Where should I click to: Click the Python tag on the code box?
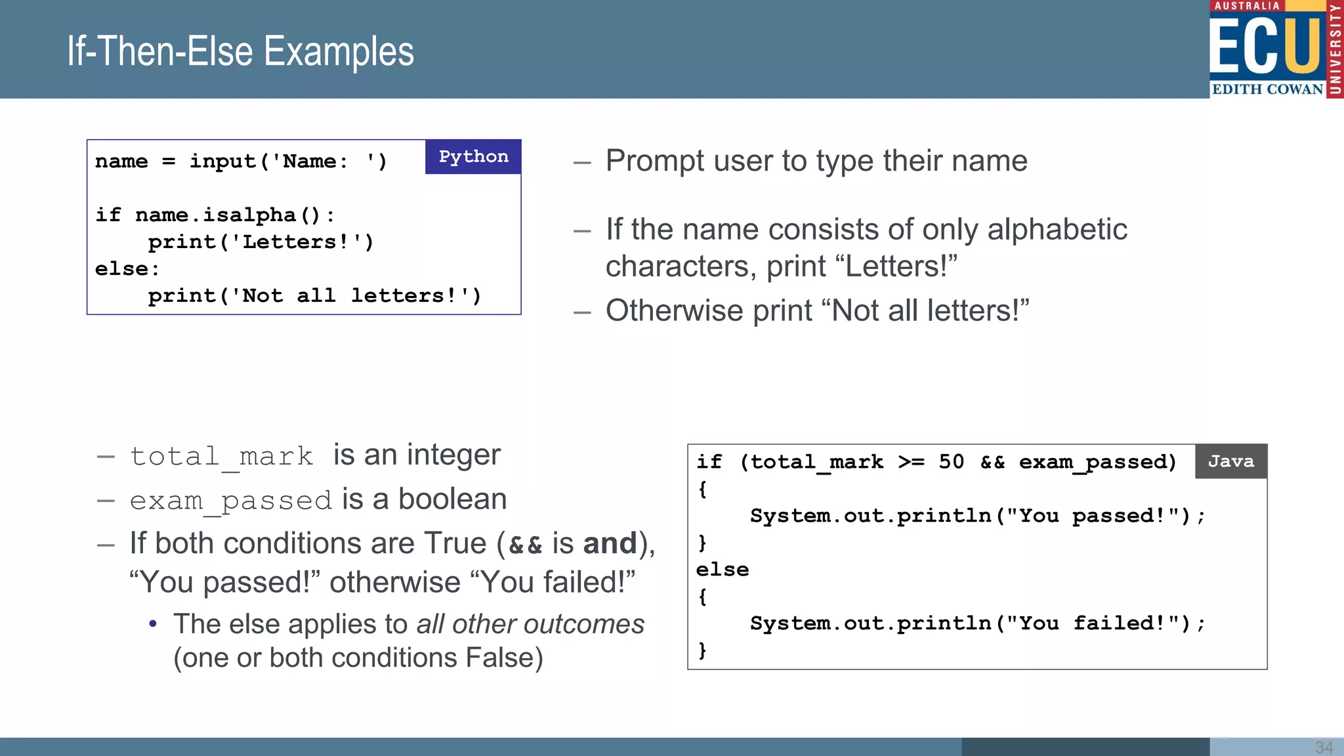tap(473, 157)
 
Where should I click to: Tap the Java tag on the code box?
tap(1230, 461)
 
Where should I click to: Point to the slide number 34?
tap(1324, 747)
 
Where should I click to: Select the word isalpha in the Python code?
tap(249, 215)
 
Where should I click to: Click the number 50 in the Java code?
tap(951, 462)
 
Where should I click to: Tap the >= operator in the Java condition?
tap(911, 462)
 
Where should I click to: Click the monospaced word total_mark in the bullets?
tap(221, 456)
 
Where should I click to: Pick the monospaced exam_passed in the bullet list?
tap(230, 501)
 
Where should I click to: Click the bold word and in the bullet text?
tap(610, 543)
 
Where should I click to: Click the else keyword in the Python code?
tap(121, 269)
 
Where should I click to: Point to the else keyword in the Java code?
tap(722, 570)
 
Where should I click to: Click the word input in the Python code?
tap(222, 161)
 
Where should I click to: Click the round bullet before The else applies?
tap(153, 624)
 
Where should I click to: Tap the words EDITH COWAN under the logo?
tap(1267, 89)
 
